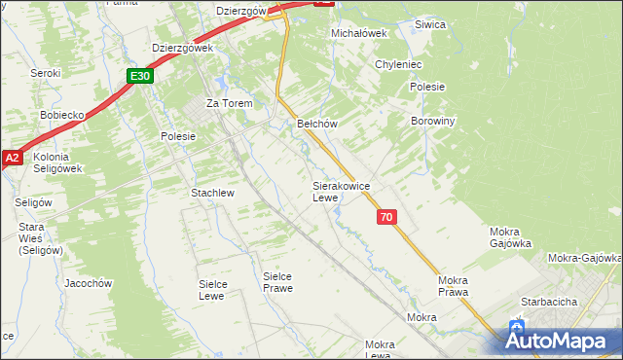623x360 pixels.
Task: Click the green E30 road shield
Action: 140,76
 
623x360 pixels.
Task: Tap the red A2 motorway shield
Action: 11,157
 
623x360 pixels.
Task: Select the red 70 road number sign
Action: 387,217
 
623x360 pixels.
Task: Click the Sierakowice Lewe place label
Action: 339,191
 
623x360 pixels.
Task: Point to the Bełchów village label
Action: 316,124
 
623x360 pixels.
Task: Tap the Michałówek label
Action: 359,33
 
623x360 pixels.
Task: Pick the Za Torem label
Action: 229,103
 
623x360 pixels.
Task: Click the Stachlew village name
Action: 213,193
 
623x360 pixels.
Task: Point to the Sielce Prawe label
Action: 277,282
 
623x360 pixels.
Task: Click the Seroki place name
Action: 46,73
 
